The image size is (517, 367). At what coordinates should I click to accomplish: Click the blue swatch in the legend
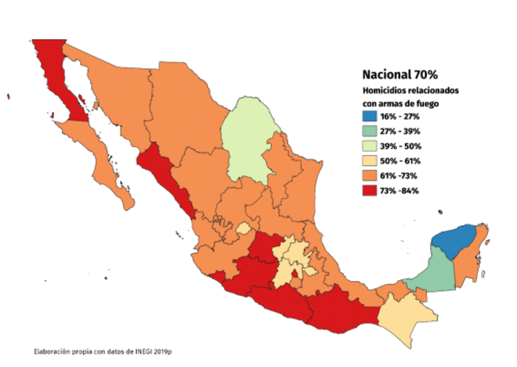tap(370, 116)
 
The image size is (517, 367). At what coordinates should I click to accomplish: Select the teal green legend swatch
tap(370, 131)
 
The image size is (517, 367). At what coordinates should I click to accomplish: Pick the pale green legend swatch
tap(370, 146)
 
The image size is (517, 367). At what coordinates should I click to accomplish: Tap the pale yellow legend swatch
tap(370, 160)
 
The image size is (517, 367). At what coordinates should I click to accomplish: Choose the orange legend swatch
tap(370, 175)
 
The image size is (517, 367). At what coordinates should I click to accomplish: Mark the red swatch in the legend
tap(370, 190)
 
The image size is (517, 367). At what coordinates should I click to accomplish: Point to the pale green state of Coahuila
tap(245, 136)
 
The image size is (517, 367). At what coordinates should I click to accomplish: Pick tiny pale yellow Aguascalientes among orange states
tap(243, 228)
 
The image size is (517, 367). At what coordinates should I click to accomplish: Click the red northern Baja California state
tap(56, 71)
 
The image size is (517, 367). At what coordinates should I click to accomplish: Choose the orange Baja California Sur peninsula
tap(101, 154)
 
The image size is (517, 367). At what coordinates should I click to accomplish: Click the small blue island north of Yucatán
tap(440, 211)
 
